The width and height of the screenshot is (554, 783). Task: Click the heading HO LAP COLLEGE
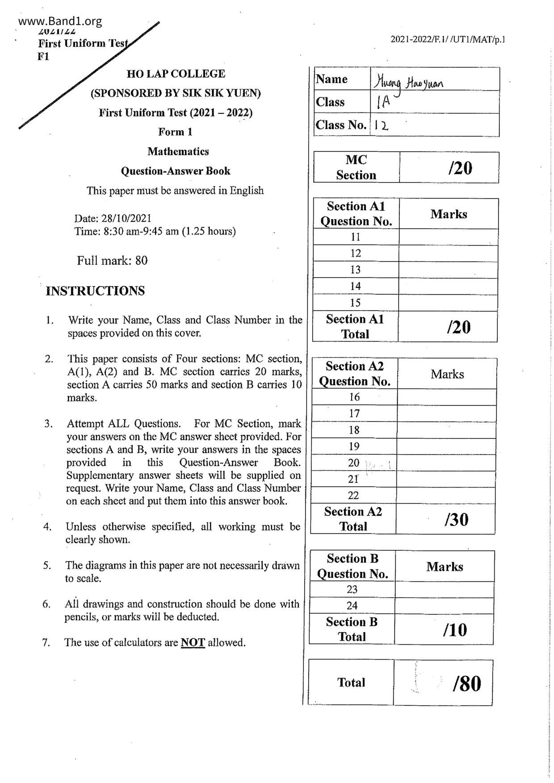[176, 74]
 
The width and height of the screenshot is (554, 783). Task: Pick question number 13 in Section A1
[355, 270]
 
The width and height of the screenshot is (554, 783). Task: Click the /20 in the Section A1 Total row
[458, 327]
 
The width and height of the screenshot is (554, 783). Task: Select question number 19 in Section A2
[354, 446]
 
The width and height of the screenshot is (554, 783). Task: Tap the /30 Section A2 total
[456, 519]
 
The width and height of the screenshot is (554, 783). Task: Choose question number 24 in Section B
[352, 605]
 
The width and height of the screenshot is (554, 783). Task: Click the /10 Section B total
[455, 629]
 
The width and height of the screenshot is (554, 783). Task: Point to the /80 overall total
[466, 683]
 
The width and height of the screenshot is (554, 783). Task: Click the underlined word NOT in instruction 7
[193, 642]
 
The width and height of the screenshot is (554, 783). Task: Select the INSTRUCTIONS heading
[96, 291]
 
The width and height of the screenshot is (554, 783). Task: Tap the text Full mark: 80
[112, 261]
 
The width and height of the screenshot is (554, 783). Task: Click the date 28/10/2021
[126, 218]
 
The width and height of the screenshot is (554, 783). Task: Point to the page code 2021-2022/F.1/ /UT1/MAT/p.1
[448, 40]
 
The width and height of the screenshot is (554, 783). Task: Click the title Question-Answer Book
[176, 171]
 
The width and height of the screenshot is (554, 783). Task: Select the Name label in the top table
[332, 79]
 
